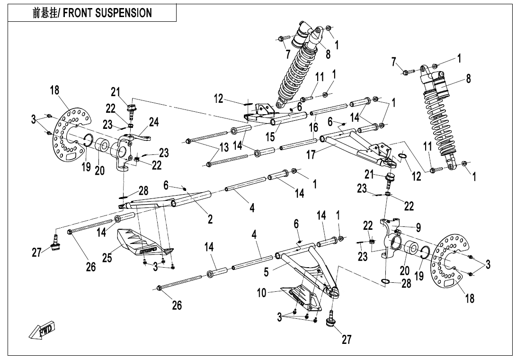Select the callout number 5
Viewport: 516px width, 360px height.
pyautogui.click(x=266, y=272)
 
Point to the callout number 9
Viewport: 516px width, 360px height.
pyautogui.click(x=418, y=228)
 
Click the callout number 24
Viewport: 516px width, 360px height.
pyautogui.click(x=154, y=122)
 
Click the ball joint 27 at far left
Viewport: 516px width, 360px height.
pyautogui.click(x=56, y=245)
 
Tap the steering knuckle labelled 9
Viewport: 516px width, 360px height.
pyautogui.click(x=391, y=237)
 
